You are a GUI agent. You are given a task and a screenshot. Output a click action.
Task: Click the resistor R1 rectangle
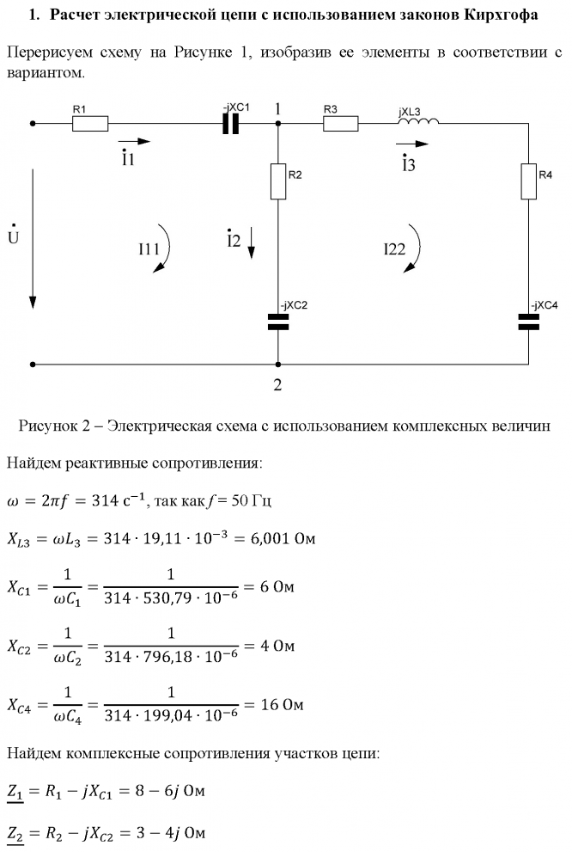pos(90,124)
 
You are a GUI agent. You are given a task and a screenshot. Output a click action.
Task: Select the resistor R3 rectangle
pos(340,124)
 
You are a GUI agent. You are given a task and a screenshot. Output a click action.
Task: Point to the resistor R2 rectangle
pos(277,181)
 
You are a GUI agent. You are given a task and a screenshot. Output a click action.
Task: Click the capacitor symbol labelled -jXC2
pos(277,322)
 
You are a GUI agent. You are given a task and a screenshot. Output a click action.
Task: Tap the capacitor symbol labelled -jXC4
pos(528,322)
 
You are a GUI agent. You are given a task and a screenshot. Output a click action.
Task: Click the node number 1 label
pos(277,109)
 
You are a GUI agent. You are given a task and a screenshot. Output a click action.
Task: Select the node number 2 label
pos(277,384)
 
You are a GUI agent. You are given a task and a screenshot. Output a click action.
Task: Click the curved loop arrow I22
pos(414,248)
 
